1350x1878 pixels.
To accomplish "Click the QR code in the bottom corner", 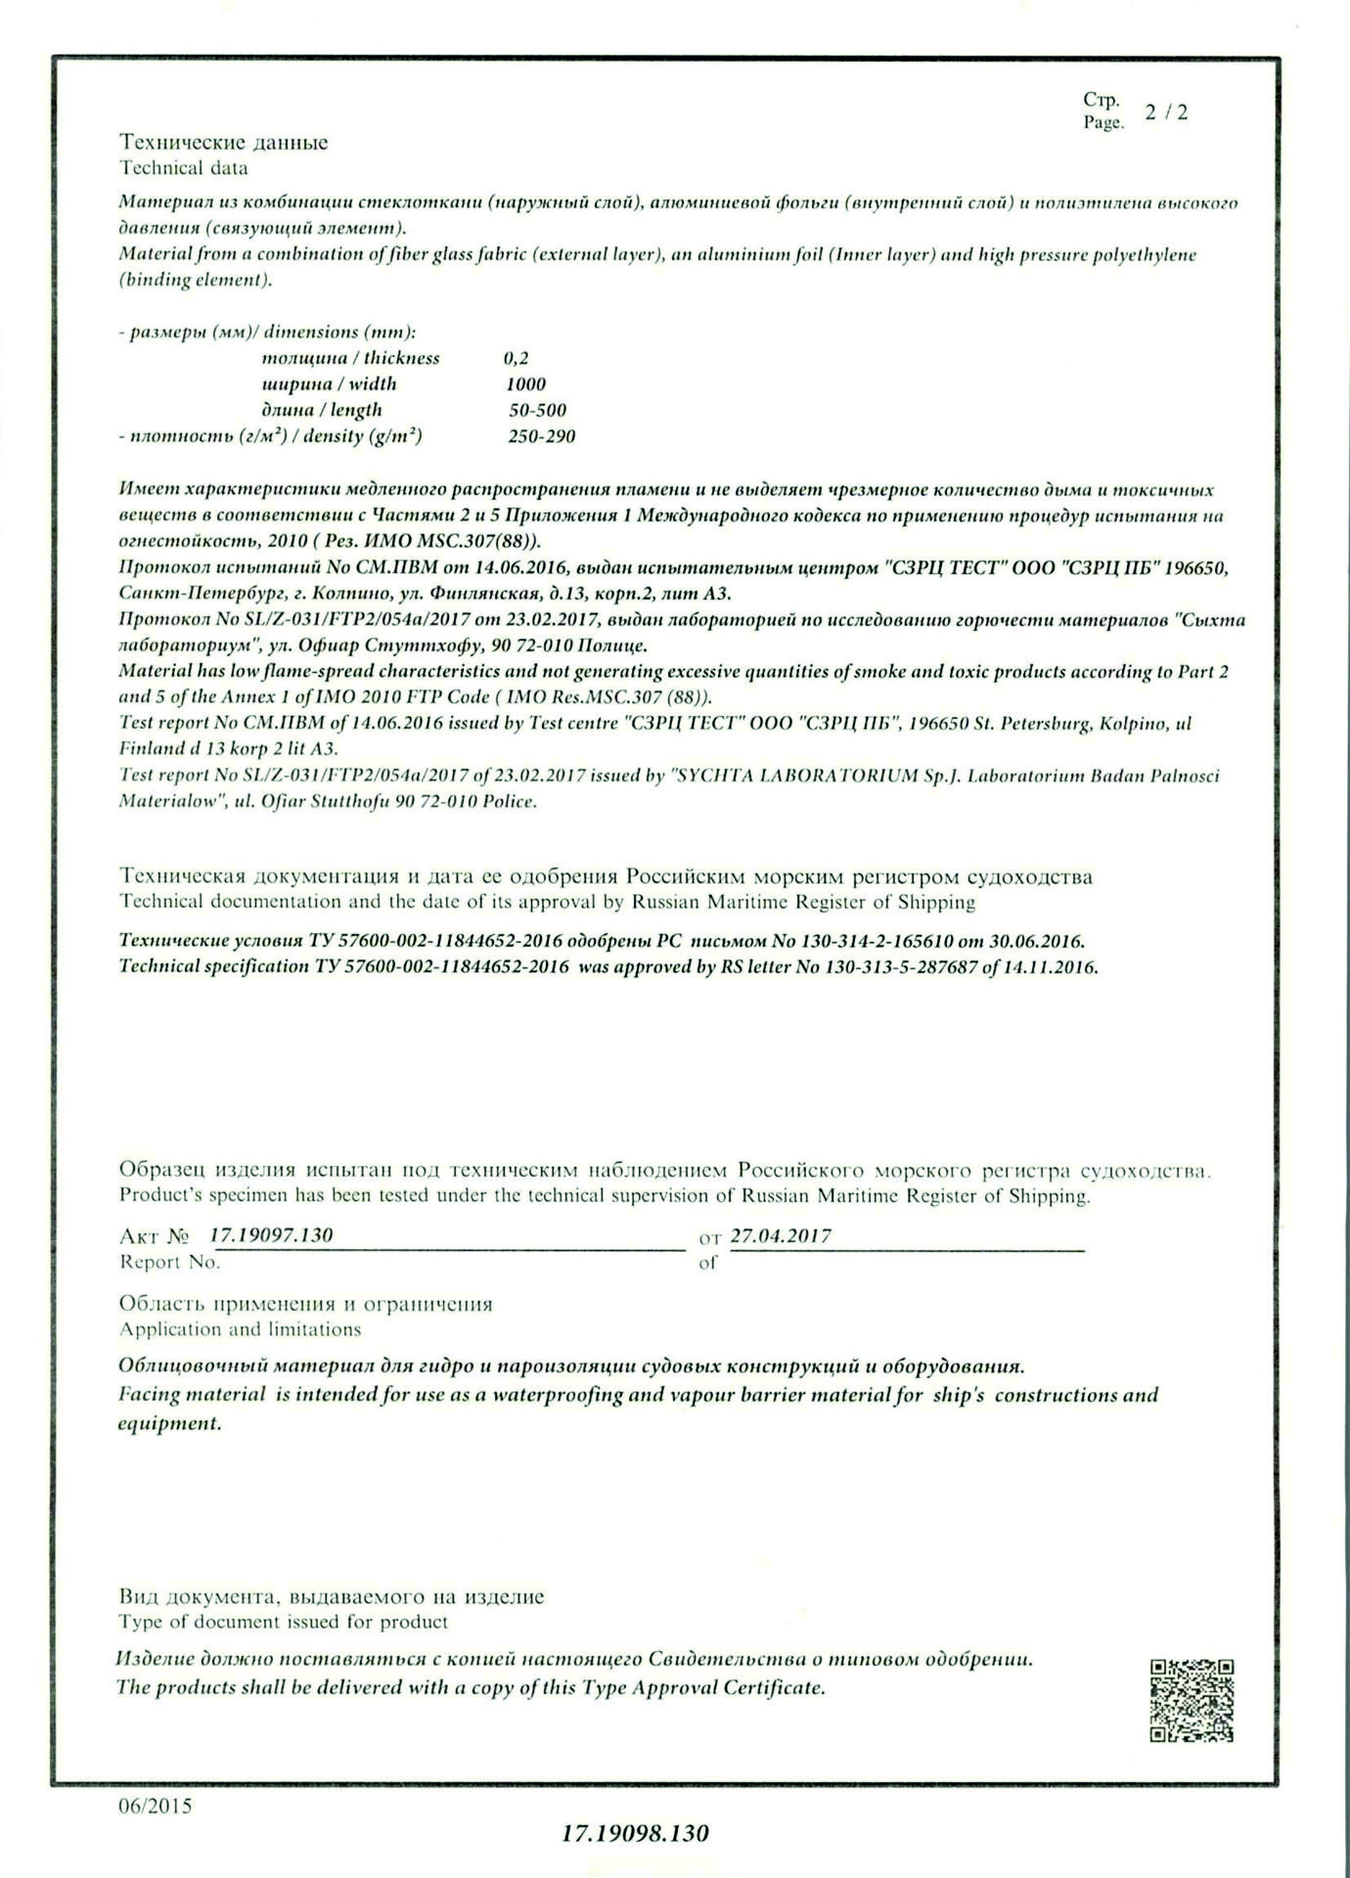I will coord(1192,1700).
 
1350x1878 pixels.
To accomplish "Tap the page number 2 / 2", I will coord(1167,112).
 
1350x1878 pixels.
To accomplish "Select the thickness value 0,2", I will coord(516,358).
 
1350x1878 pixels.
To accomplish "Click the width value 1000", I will coord(525,384).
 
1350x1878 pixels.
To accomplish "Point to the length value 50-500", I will coord(537,411).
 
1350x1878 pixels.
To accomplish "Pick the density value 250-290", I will coord(541,436).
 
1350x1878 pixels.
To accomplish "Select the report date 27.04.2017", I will coord(781,1235).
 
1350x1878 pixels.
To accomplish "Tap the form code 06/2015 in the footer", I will coord(155,1806).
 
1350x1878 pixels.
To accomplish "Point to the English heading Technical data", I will coord(184,168).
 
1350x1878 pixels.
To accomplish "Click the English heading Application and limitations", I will coord(240,1329).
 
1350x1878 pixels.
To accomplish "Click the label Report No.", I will coord(169,1263).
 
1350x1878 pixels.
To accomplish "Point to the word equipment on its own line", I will coord(169,1423).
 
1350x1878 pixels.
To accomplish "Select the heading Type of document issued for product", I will coord(283,1622).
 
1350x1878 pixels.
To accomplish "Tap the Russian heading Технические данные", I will coord(223,143).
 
